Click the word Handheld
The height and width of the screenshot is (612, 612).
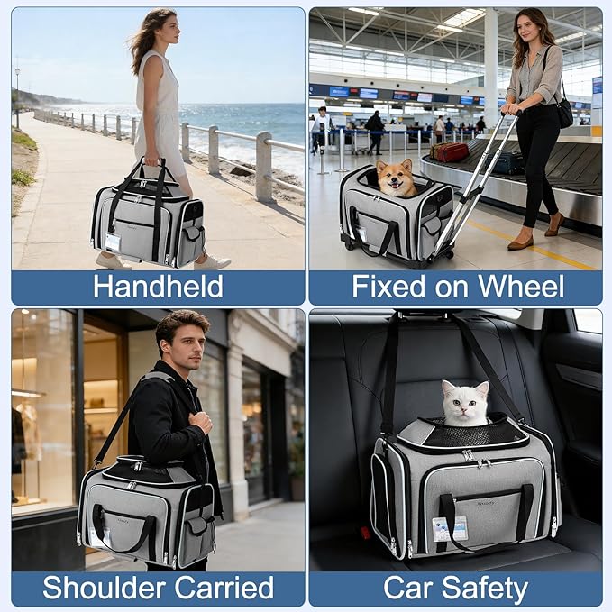158,287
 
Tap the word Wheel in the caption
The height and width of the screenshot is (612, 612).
522,287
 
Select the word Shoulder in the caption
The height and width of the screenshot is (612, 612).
105,588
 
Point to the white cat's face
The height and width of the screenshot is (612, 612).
464,404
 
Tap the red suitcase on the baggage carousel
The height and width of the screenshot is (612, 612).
449,151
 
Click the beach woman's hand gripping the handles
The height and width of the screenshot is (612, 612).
152,160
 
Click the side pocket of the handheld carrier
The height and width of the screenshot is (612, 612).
194,234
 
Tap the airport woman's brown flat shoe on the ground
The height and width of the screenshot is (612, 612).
520,244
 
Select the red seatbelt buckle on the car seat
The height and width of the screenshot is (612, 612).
365,533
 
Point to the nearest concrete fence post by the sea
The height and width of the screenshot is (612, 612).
264,167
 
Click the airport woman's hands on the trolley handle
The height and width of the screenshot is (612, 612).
510,109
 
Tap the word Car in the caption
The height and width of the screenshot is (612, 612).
408,588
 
